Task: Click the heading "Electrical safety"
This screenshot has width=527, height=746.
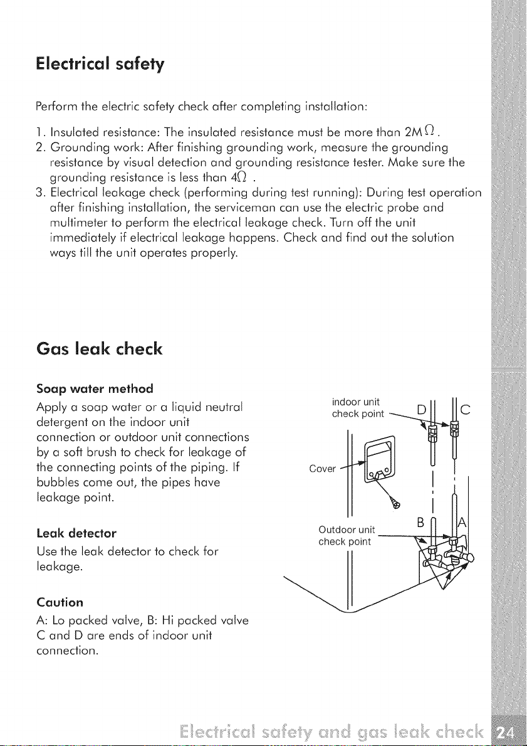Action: tap(100, 64)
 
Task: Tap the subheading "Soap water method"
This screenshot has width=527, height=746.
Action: tap(95, 389)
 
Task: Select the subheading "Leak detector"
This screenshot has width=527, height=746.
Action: tap(76, 533)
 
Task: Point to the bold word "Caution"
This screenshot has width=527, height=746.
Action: tap(60, 602)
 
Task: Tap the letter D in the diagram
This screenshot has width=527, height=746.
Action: tap(420, 408)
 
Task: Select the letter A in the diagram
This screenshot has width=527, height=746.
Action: tap(461, 525)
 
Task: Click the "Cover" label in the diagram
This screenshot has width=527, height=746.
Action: tap(322, 469)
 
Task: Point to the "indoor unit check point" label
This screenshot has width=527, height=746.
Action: tap(357, 408)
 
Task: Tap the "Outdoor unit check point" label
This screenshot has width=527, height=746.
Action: tap(347, 535)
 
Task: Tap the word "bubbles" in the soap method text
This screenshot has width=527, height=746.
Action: tap(54, 483)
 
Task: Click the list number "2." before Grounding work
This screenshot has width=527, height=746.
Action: tap(40, 146)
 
